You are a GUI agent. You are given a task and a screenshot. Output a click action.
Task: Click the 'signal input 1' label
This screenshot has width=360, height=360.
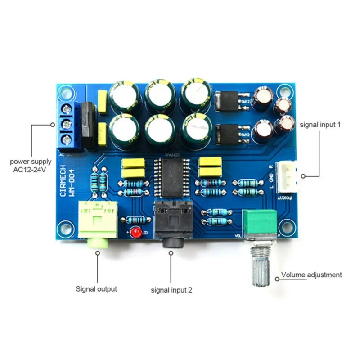[x=319, y=125]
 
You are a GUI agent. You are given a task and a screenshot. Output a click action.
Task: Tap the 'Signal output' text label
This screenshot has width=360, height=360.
[x=96, y=289]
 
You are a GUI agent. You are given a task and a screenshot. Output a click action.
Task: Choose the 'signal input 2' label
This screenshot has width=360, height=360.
[x=171, y=290]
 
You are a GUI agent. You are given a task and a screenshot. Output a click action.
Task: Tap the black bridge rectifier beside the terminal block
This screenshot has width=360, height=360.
[x=89, y=125]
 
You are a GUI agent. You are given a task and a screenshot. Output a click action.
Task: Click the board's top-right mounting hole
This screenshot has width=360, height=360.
[x=283, y=90]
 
